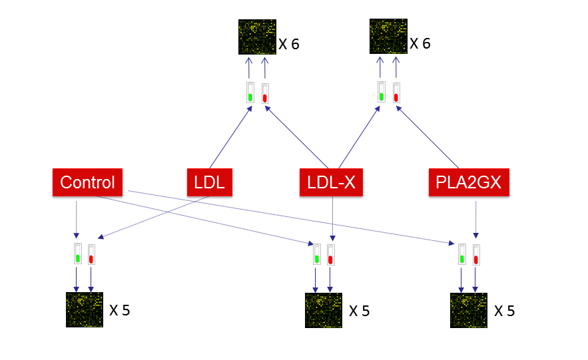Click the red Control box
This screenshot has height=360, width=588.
pos(87,182)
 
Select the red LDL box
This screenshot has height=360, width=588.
pos(210,182)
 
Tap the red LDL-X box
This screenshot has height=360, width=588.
pos(331,182)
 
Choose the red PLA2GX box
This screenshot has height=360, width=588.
pos(469,182)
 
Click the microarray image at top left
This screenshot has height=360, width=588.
pos(256,37)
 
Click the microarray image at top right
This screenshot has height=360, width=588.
pos(388,37)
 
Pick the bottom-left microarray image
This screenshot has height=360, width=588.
pos(85,309)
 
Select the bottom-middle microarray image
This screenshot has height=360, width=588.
pos(324,310)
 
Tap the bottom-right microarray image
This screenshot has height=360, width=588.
pos(469,310)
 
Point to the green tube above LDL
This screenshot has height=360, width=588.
pos(250,92)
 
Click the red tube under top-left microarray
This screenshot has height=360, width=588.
pos(265,92)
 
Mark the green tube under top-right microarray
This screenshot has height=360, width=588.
pos(382,92)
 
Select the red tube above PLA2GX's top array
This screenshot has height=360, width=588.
pos(396,92)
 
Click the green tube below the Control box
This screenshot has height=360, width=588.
pos(77,254)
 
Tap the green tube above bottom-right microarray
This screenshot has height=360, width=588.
pos(462,254)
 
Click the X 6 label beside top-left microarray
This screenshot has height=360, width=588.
pos(289,45)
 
